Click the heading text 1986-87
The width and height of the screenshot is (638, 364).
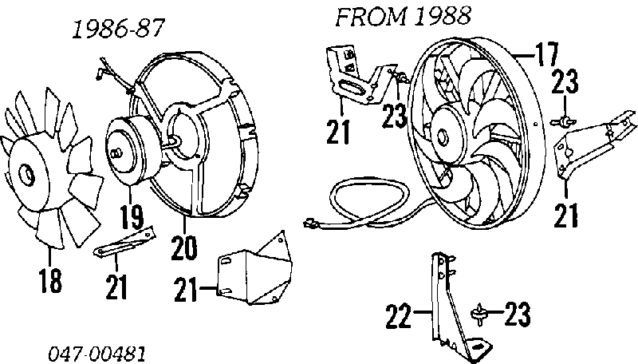[x=118, y=29]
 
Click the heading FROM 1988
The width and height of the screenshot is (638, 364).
[x=403, y=17]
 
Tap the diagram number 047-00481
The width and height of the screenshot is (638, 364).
[x=96, y=354]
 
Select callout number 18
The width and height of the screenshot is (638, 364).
[x=50, y=280]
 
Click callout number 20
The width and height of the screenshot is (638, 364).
[x=184, y=248]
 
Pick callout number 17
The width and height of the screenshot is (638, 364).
[x=546, y=54]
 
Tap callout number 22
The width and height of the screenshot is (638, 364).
[x=398, y=315]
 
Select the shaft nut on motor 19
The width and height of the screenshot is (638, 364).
[x=115, y=153]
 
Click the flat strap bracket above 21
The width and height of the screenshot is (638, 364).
[x=124, y=241]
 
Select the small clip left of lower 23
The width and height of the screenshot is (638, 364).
[x=480, y=315]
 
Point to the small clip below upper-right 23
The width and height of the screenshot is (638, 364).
[x=564, y=121]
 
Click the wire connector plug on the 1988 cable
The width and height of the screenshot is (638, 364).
[x=311, y=223]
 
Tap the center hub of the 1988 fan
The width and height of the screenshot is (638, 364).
[x=443, y=135]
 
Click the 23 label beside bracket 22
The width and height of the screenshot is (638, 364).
[x=517, y=315]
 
